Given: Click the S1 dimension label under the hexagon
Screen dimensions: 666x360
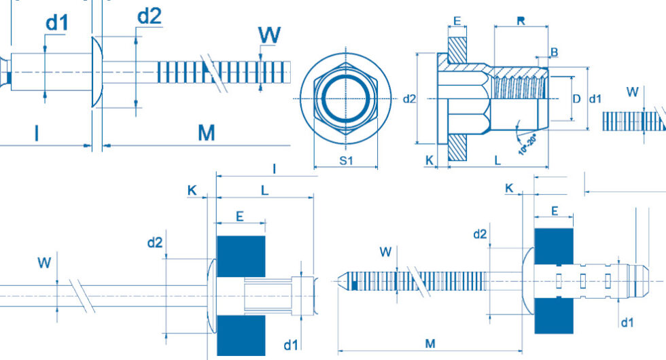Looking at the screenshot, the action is coord(346,160).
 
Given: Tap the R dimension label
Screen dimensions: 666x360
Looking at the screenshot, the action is coord(521,20).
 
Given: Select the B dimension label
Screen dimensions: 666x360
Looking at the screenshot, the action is coord(555,52).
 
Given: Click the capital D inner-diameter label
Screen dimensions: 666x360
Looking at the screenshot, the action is coord(576,99).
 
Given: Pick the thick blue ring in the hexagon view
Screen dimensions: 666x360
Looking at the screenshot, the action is coord(346,99).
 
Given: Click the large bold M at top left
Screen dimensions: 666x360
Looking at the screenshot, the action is coord(207,133).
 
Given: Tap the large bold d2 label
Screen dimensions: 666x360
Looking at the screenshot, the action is coord(150,16).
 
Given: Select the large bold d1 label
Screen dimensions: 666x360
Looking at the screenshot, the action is coord(57,23).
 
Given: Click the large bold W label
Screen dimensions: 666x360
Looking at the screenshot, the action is coord(269,35).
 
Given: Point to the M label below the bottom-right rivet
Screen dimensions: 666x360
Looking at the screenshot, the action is coord(430,344).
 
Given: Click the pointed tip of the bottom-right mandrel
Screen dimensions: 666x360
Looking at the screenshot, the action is coord(338,281).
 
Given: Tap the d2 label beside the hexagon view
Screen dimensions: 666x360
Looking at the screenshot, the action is coord(409,99).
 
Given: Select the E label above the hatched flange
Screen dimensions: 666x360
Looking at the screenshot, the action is coord(457,21).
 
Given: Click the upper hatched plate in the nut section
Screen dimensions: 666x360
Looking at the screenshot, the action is coord(457,50).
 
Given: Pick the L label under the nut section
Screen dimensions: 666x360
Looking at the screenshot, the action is coord(497,160).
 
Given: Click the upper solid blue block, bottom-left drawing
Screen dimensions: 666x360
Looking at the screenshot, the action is coord(241,257).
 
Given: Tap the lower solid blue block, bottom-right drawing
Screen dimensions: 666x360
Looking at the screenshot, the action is coord(554,315).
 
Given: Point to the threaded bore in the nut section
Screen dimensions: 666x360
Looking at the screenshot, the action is coord(519,82).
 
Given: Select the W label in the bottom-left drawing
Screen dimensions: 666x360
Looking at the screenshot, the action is coord(44,263).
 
